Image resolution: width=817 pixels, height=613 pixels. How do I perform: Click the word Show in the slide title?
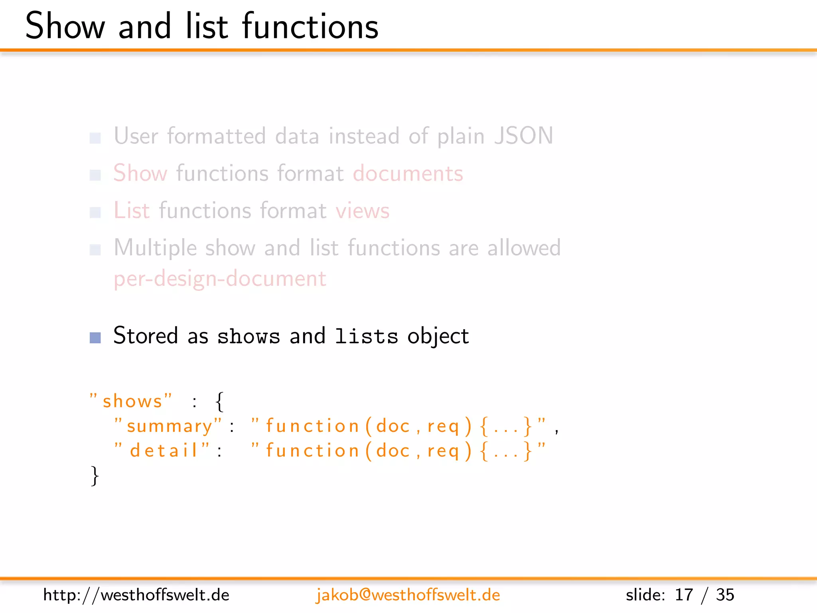point(65,26)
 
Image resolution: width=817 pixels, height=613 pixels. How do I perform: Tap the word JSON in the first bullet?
point(523,136)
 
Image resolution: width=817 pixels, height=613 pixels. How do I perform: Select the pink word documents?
point(408,174)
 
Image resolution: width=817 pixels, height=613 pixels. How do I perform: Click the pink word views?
point(362,211)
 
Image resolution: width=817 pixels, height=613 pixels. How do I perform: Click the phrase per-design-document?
point(220,279)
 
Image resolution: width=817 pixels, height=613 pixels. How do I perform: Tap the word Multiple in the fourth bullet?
point(155,248)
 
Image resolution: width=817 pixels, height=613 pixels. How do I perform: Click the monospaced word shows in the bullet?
point(249,336)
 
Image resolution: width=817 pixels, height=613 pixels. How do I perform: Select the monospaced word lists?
point(366,336)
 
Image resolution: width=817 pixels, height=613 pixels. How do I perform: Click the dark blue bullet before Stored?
point(95,338)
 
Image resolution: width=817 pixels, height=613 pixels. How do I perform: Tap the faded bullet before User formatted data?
point(95,138)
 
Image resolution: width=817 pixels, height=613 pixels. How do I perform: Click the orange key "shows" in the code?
point(131,401)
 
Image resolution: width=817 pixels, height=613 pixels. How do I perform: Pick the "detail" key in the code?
point(162,451)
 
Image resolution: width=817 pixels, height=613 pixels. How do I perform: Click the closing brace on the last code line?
point(95,476)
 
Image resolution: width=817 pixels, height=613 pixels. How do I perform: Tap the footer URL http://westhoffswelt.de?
point(136,595)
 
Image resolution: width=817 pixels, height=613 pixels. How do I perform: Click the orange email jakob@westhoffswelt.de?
point(408,595)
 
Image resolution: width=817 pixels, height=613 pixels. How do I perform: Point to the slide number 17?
point(683,595)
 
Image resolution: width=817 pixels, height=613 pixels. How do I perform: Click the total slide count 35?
point(725,595)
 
